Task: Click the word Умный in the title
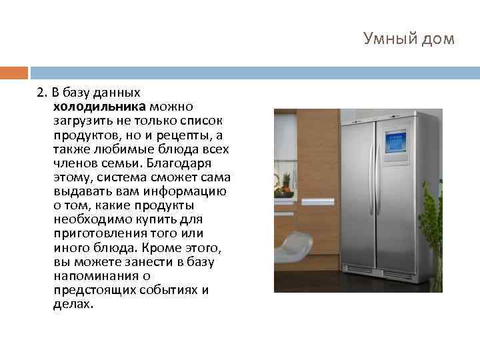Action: pos(388,39)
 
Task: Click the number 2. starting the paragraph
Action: pos(41,91)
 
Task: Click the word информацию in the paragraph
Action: pos(191,191)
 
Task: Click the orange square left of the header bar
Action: pos(13,72)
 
